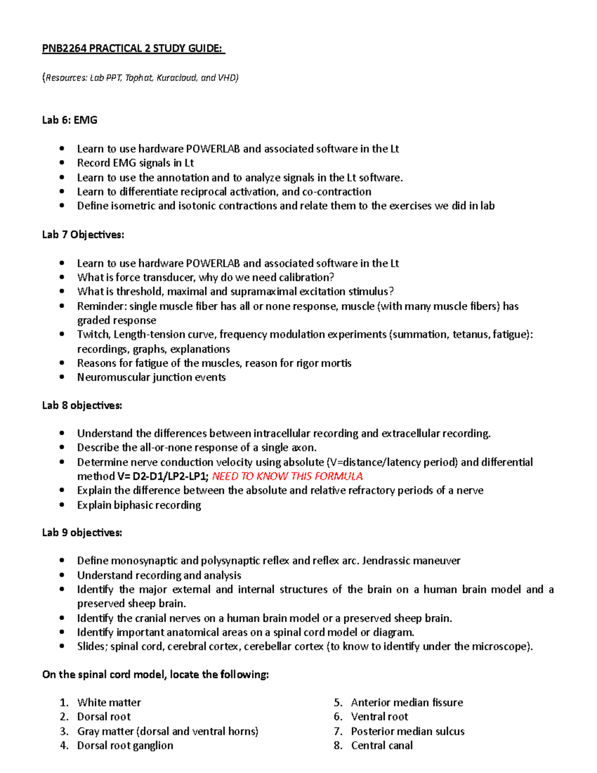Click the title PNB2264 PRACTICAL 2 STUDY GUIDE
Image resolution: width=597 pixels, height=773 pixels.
tap(133, 48)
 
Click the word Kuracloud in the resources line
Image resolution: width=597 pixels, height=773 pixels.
tap(177, 78)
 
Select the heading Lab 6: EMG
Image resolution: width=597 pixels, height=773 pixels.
tap(70, 120)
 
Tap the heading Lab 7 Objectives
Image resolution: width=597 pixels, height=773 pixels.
tap(83, 234)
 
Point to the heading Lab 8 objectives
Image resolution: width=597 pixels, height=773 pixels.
tap(82, 405)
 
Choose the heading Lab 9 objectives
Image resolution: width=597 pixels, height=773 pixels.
tap(82, 533)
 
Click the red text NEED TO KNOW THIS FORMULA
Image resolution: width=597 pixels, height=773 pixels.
tap(287, 476)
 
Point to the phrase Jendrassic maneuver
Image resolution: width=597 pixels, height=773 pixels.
tap(411, 560)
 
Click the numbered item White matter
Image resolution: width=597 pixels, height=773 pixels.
tap(109, 702)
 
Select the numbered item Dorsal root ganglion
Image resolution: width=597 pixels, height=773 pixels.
tap(125, 745)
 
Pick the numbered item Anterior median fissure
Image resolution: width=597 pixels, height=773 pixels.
tap(406, 702)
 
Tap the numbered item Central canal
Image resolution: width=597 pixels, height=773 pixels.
tap(382, 745)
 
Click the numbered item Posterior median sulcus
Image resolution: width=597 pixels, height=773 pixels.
tap(407, 731)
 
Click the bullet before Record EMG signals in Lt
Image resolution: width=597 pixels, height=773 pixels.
tap(62, 163)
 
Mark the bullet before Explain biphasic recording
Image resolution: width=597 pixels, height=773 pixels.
tap(62, 505)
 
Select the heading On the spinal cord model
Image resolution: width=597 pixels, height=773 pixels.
tap(155, 674)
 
